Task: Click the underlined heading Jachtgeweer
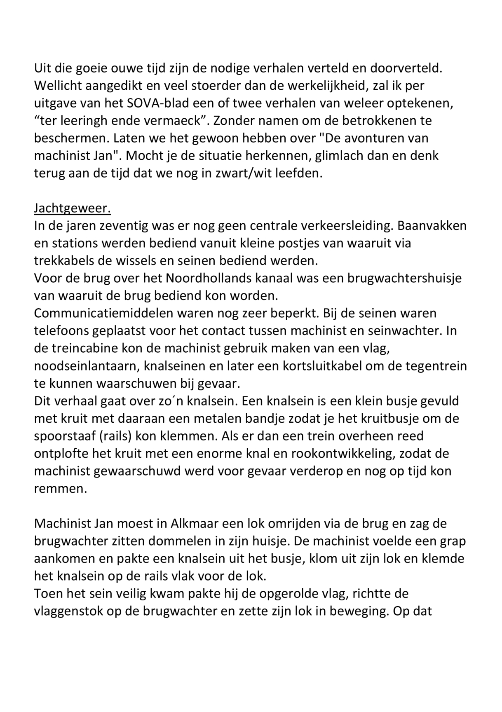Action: (x=72, y=208)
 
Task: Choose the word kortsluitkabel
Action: (x=321, y=366)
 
